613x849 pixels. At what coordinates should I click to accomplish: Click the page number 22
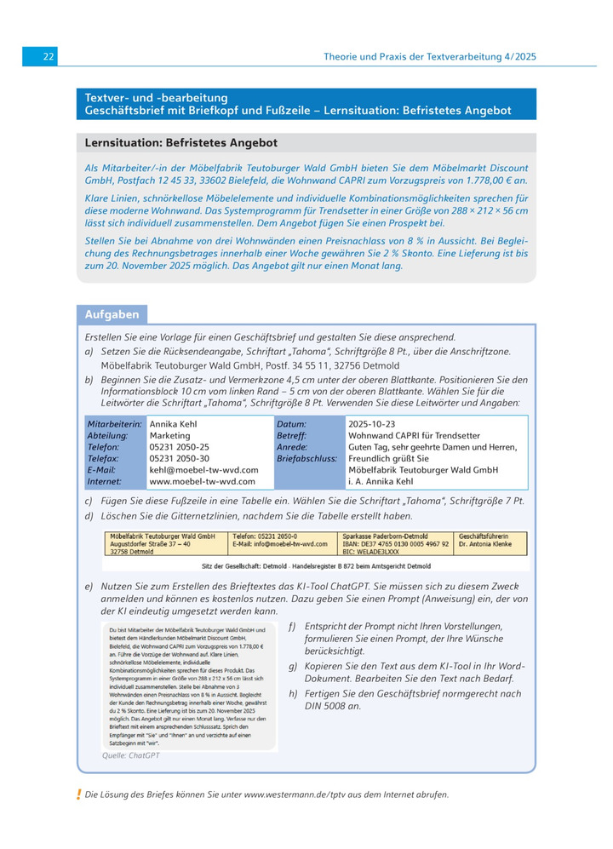49,56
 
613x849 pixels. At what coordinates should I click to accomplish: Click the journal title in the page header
430,56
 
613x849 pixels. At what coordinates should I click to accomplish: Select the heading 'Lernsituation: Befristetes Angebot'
180,143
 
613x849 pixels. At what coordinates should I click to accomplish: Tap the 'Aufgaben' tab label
109,314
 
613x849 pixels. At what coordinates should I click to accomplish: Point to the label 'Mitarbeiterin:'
114,423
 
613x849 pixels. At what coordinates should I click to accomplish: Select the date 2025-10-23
372,423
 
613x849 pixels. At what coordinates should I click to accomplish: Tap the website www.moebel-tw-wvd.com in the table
190,481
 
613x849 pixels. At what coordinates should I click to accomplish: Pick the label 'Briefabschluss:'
306,458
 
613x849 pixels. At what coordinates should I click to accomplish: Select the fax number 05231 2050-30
179,458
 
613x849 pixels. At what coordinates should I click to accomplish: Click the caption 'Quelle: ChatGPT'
130,754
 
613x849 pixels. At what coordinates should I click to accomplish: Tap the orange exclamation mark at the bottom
78,795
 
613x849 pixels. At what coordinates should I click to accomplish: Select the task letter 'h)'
293,693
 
